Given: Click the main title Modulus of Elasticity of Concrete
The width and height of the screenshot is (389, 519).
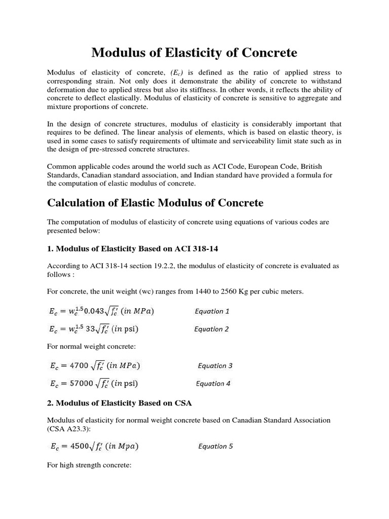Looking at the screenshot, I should coord(194,53).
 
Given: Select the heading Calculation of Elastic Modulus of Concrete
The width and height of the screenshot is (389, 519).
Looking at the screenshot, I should coord(155,203).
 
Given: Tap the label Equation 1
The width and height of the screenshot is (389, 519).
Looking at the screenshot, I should coord(212,311).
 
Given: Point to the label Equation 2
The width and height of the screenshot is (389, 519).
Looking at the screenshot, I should coord(212,329).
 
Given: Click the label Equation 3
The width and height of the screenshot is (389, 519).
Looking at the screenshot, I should coord(215,365).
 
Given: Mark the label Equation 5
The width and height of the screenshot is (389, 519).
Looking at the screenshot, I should coord(215,447).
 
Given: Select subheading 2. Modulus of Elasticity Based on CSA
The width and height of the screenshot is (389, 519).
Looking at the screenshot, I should coord(120,403).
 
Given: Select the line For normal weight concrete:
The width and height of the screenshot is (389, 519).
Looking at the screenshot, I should coord(91,346).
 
